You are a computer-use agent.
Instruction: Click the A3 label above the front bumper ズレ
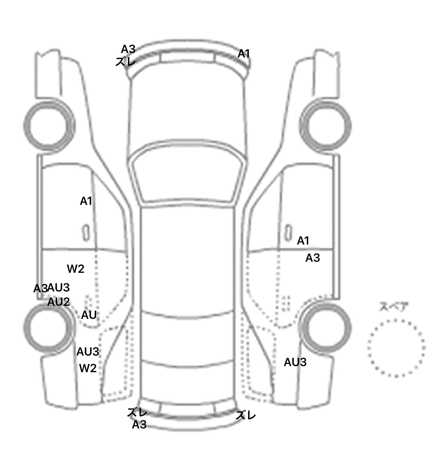click(128, 49)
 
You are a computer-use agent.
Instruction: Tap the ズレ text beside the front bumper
click(126, 62)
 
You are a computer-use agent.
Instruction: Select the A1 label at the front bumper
click(244, 54)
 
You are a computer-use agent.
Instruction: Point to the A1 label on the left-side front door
click(86, 201)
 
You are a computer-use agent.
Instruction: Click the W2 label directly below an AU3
click(88, 368)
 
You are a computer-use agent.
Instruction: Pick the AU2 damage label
click(58, 302)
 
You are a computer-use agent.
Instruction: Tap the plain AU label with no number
click(89, 315)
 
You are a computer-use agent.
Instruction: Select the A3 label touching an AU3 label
click(40, 289)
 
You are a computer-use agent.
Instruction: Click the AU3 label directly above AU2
click(59, 288)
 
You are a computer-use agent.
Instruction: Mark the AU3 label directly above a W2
click(88, 352)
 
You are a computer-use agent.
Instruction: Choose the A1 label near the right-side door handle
click(303, 241)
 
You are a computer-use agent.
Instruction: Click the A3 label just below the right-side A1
click(313, 258)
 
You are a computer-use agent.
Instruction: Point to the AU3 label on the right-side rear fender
click(295, 362)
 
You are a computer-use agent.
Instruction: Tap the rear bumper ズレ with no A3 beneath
click(246, 415)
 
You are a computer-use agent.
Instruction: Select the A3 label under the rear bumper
click(139, 425)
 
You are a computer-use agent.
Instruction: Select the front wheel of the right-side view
click(325, 126)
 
